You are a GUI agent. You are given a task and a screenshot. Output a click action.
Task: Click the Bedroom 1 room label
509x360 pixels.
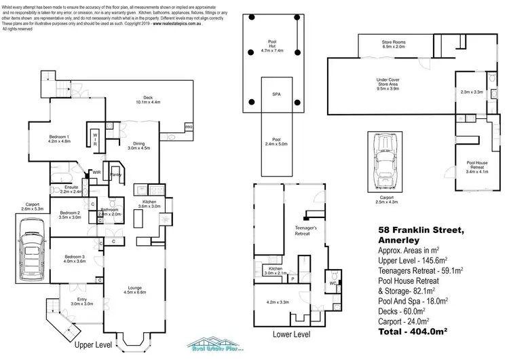[59, 137]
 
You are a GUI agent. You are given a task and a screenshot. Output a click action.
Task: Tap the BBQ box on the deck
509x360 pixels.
[189, 127]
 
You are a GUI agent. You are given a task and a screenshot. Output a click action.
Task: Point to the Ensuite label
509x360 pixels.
[72, 187]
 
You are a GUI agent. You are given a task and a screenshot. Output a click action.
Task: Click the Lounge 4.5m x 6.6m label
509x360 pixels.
[134, 289]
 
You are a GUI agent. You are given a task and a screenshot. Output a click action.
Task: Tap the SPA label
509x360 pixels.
[277, 94]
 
